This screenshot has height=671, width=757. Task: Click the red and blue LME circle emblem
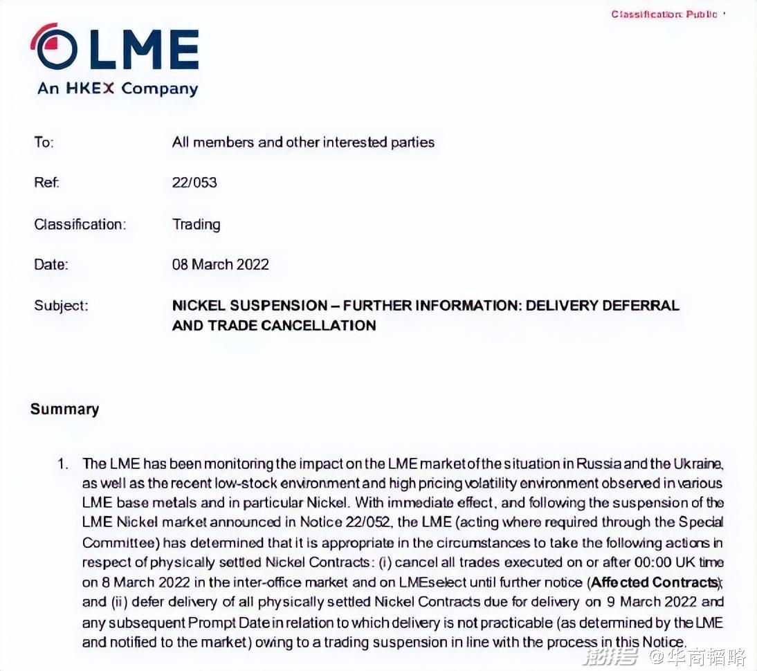pyautogui.click(x=55, y=47)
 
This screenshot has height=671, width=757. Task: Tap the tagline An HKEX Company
pyautogui.click(x=118, y=89)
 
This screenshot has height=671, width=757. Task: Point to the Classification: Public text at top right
pyautogui.click(x=664, y=14)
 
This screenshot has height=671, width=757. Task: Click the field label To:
pyautogui.click(x=44, y=143)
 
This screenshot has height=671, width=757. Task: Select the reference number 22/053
pyautogui.click(x=194, y=183)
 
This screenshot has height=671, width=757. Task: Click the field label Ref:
pyautogui.click(x=46, y=183)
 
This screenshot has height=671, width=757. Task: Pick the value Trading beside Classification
pyautogui.click(x=196, y=224)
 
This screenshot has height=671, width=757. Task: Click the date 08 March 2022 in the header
pyautogui.click(x=220, y=264)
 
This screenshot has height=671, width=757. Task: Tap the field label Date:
pyautogui.click(x=51, y=264)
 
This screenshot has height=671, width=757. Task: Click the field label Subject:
pyautogui.click(x=61, y=305)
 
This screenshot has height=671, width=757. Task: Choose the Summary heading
pyautogui.click(x=64, y=409)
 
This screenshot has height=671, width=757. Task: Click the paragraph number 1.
pyautogui.click(x=64, y=463)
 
